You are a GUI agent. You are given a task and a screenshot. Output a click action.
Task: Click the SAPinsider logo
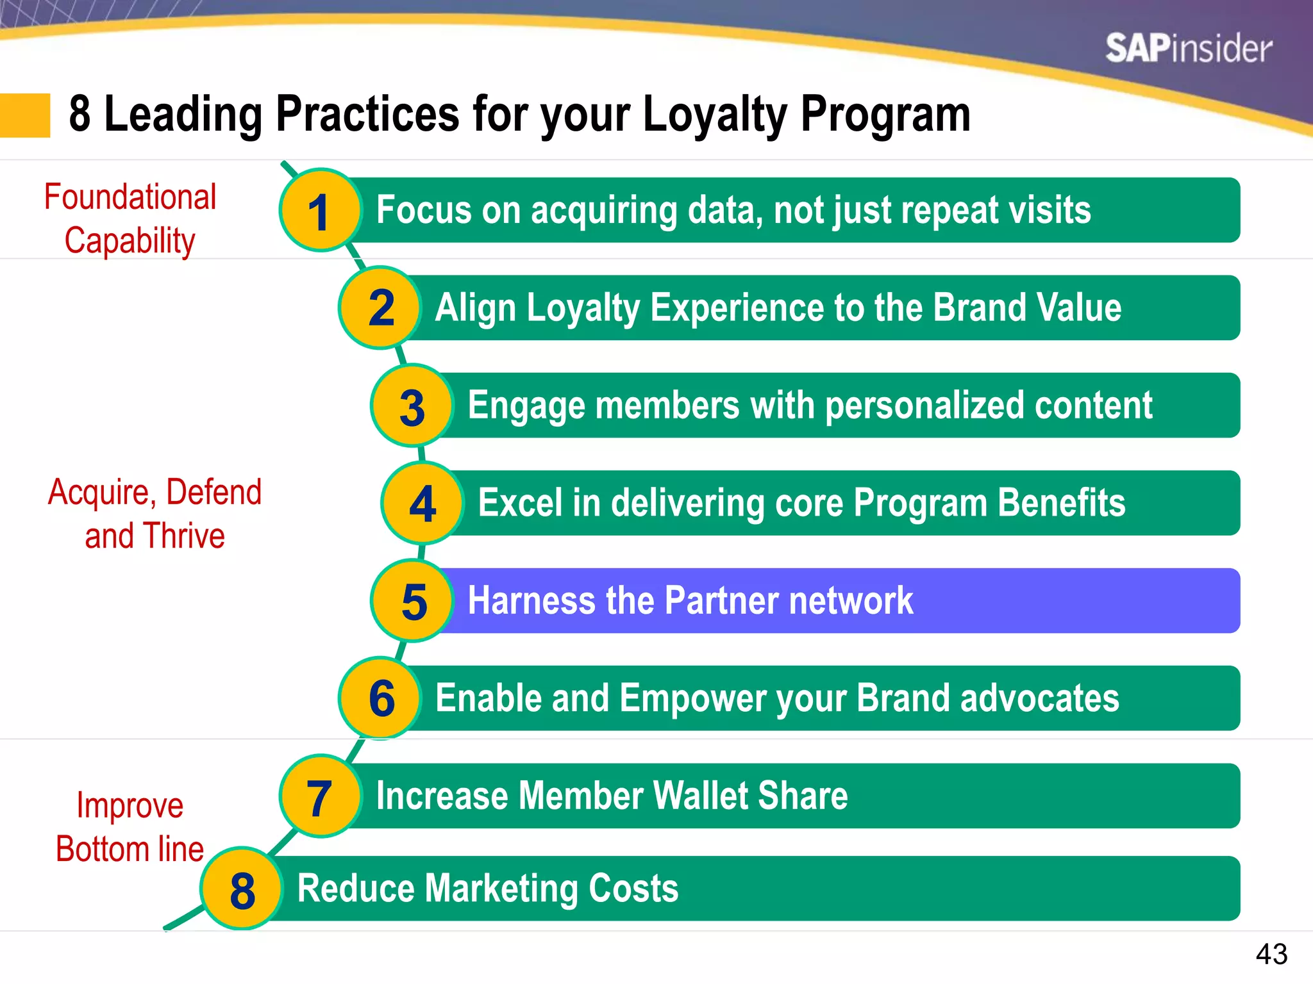pos(1188,49)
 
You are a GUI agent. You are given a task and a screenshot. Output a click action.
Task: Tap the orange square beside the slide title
pos(24,115)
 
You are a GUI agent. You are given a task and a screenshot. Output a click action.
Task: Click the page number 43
pos(1271,954)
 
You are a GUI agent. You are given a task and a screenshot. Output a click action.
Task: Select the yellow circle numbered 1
pos(320,211)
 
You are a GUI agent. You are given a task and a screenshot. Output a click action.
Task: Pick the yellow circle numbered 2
pos(380,308)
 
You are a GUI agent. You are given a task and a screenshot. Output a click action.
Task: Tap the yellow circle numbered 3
pos(412,406)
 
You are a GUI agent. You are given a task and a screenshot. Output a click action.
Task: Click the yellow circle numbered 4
pos(422,504)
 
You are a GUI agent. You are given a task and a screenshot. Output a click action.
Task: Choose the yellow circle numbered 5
pos(413,601)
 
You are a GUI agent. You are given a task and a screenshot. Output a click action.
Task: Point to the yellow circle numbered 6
pos(381,698)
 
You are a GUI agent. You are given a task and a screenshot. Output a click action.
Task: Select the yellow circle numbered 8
pos(242,889)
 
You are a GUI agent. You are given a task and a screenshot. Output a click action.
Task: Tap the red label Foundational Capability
pos(130,218)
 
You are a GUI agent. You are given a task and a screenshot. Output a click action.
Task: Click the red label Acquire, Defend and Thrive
pos(155,514)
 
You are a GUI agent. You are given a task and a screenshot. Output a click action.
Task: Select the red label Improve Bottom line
pos(130,827)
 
